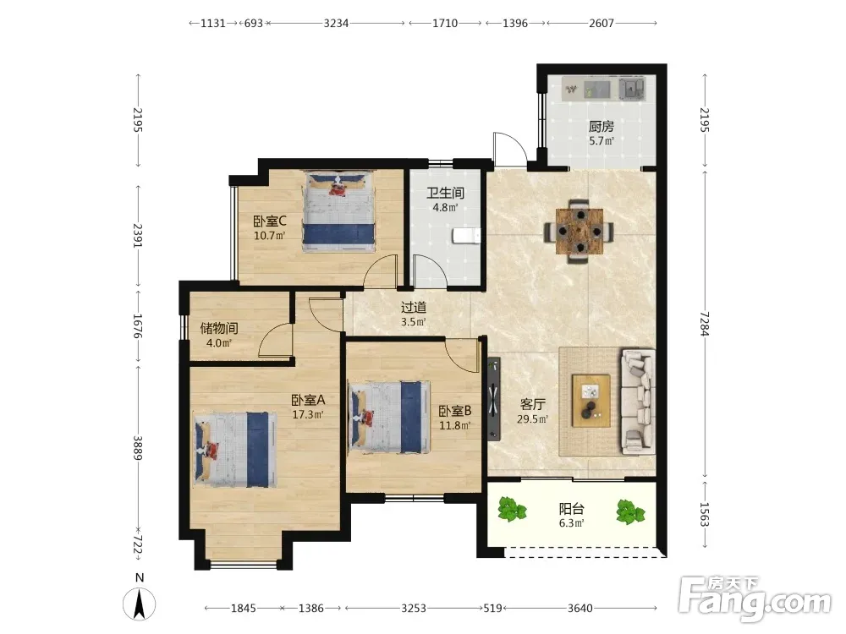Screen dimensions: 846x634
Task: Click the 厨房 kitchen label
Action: coord(601,127)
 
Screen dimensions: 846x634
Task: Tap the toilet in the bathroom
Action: coord(467,236)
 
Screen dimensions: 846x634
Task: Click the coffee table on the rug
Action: coord(591,401)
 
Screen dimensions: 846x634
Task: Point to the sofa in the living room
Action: coord(638,402)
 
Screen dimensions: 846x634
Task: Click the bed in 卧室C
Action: coord(339,211)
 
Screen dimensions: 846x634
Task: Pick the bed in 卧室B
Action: coord(390,418)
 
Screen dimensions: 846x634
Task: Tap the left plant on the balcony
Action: coord(512,509)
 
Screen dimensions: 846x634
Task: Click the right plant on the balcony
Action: coord(630,511)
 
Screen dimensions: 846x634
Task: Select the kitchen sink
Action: coord(632,89)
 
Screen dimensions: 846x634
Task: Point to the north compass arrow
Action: coord(140,604)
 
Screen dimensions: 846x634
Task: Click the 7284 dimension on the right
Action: coord(704,324)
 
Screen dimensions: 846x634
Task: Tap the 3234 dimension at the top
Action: coord(336,23)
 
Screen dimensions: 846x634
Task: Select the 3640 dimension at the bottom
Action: coord(580,608)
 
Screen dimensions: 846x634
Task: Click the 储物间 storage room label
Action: coord(219,328)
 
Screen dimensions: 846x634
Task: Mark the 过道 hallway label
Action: coord(414,308)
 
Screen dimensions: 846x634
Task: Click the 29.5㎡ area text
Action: coord(532,419)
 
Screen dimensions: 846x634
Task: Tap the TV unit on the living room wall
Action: coord(494,399)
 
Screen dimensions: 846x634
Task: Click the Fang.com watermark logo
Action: coord(755,599)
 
